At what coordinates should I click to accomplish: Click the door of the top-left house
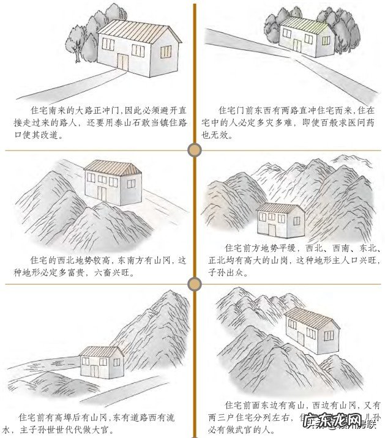pyautogui.click(x=124, y=62)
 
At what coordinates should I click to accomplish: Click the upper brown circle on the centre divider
pyautogui.click(x=195, y=150)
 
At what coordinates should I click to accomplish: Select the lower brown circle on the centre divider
pyautogui.click(x=195, y=283)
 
